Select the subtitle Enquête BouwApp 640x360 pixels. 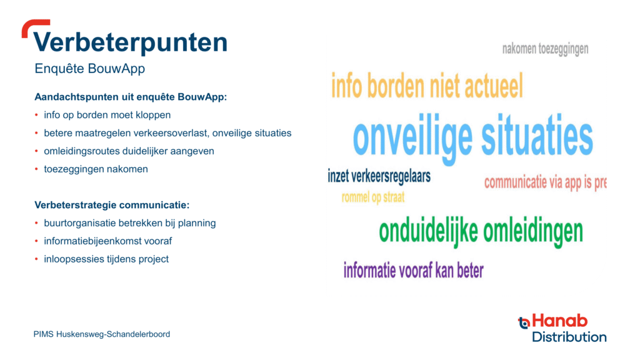coord(90,69)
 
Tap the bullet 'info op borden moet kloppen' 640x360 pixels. coord(107,115)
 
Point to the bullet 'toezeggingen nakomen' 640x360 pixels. coord(96,169)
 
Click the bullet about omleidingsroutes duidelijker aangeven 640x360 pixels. coord(129,151)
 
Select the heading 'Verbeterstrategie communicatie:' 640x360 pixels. coord(112,205)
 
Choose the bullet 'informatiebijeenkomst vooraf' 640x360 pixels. coord(108,241)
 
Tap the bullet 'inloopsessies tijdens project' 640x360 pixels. coord(106,259)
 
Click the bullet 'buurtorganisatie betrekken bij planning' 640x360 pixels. coord(130,223)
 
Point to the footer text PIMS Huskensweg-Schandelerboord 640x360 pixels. coord(102,334)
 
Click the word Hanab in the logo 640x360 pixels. coord(559,321)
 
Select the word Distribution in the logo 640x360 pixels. coord(569,337)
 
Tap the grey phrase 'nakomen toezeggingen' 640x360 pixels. coord(545,49)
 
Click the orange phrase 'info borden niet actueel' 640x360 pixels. coord(427,86)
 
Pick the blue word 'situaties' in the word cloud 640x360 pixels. coord(537,136)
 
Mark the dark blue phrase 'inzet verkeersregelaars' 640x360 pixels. coord(379,176)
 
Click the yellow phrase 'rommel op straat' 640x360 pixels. coord(373,197)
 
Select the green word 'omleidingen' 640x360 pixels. coord(533,231)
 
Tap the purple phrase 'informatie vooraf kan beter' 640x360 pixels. coord(414,270)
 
